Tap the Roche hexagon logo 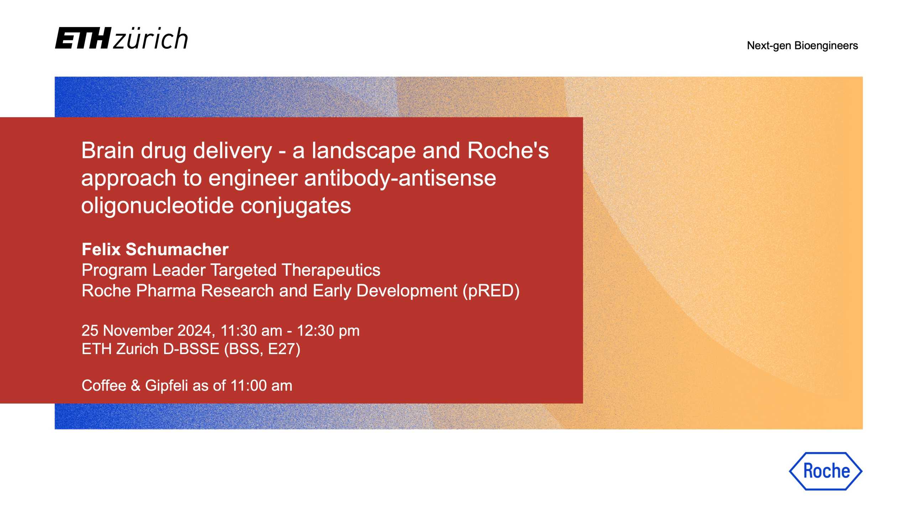click(826, 471)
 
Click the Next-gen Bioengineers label click(802, 46)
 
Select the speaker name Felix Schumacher click(155, 249)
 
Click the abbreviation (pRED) click(491, 291)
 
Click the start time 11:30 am click(251, 331)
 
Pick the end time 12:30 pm click(328, 331)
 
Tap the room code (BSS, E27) click(262, 349)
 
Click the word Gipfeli click(166, 386)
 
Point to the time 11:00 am click(261, 386)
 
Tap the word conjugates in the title click(296, 206)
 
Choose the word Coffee click(104, 386)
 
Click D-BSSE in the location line click(191, 349)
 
